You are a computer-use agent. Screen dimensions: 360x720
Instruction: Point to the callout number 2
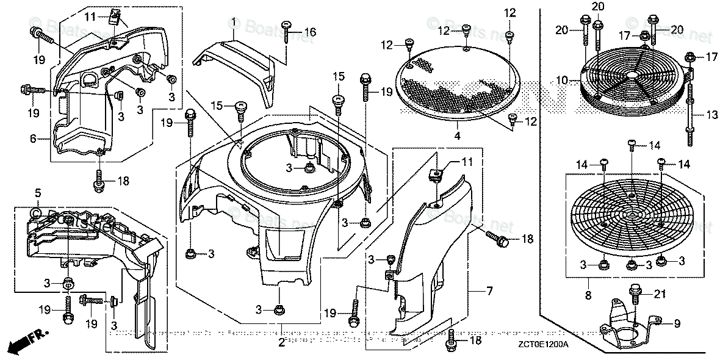pos(281,343)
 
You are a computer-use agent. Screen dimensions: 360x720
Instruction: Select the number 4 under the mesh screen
pos(457,135)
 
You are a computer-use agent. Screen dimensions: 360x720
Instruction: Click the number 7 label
pos(489,292)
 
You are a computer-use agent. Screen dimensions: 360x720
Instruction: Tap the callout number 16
pos(310,32)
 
